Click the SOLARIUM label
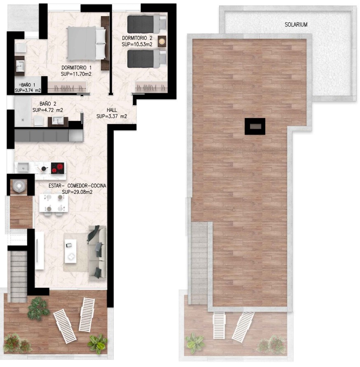tap(296, 25)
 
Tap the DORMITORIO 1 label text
tap(77, 68)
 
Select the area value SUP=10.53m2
tap(137, 44)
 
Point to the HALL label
tap(112, 110)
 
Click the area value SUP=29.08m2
tap(77, 192)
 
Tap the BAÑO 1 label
tap(28, 85)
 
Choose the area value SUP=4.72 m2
tap(48, 110)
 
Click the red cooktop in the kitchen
tap(58, 168)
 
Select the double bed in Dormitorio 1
tap(86, 43)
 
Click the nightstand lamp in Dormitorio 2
tap(161, 41)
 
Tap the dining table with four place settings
tap(54, 203)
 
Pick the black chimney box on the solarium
tap(255, 126)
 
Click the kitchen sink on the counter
tap(23, 167)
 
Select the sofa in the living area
tap(98, 252)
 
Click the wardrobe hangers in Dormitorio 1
tap(67, 88)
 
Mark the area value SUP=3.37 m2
tap(112, 116)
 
